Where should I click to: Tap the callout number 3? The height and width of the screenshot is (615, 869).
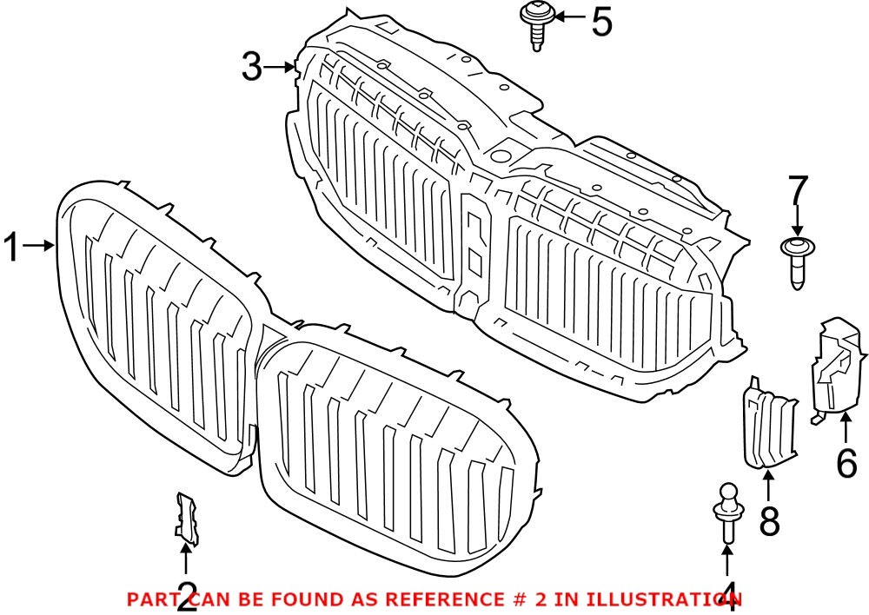(252, 67)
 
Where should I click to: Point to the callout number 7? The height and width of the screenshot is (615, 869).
(799, 192)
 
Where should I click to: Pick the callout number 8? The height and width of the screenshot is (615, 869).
(769, 521)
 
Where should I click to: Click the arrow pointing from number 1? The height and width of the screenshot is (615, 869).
(39, 247)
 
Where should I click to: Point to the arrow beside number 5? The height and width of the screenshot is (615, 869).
(568, 17)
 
